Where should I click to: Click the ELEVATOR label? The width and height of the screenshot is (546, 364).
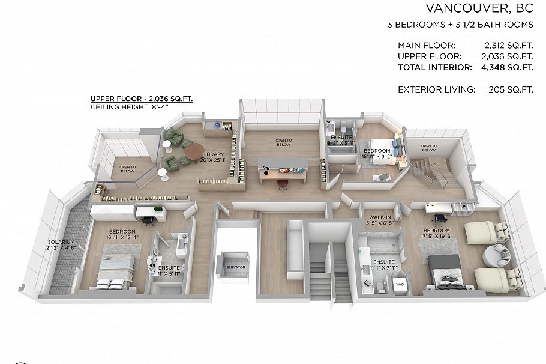click(232, 268)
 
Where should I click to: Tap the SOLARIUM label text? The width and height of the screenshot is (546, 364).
click(61, 244)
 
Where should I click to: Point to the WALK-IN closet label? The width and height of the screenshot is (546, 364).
click(381, 220)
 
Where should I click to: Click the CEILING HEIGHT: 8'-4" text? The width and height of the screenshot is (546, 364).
click(129, 107)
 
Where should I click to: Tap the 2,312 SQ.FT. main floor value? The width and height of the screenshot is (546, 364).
click(508, 45)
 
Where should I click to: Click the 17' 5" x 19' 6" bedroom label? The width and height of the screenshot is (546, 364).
click(436, 234)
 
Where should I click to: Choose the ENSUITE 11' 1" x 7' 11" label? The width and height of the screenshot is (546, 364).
click(383, 265)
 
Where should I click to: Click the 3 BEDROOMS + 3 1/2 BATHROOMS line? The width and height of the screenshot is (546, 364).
click(460, 25)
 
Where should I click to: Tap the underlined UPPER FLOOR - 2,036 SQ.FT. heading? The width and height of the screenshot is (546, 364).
click(141, 99)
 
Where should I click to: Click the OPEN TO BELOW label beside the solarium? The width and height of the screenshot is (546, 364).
click(127, 169)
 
